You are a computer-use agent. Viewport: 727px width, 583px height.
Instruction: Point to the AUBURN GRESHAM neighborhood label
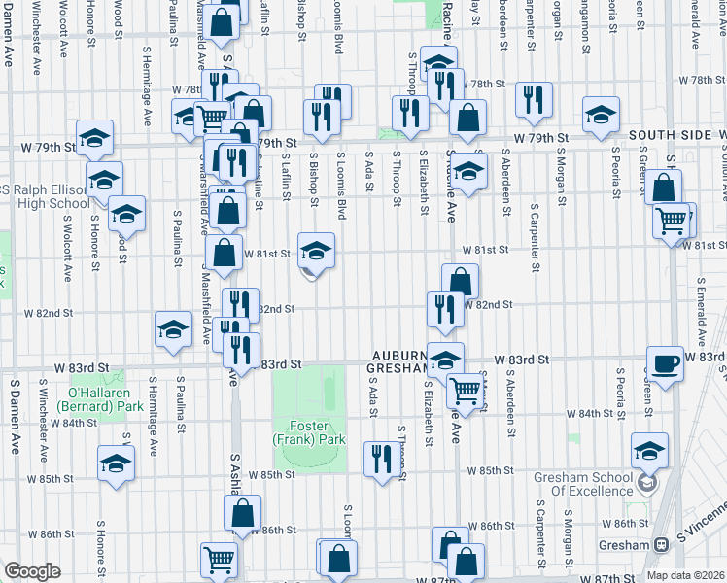click(x=397, y=361)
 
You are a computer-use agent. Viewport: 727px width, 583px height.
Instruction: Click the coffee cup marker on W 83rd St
click(x=666, y=364)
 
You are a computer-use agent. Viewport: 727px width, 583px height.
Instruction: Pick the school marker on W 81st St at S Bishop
click(x=316, y=252)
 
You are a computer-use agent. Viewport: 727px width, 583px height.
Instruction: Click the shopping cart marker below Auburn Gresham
click(x=467, y=391)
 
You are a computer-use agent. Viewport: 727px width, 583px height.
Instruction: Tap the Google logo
click(x=32, y=571)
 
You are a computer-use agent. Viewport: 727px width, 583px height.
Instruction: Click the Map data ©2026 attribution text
click(x=685, y=575)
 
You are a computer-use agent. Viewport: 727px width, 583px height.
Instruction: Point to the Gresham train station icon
click(x=661, y=545)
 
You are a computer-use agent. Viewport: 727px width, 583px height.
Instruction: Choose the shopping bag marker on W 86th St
click(x=244, y=514)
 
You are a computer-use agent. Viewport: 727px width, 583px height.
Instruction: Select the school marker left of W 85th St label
click(x=116, y=463)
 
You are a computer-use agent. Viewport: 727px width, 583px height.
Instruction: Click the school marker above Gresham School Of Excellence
click(x=649, y=451)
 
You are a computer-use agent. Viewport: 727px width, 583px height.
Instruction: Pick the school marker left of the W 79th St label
click(x=95, y=138)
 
